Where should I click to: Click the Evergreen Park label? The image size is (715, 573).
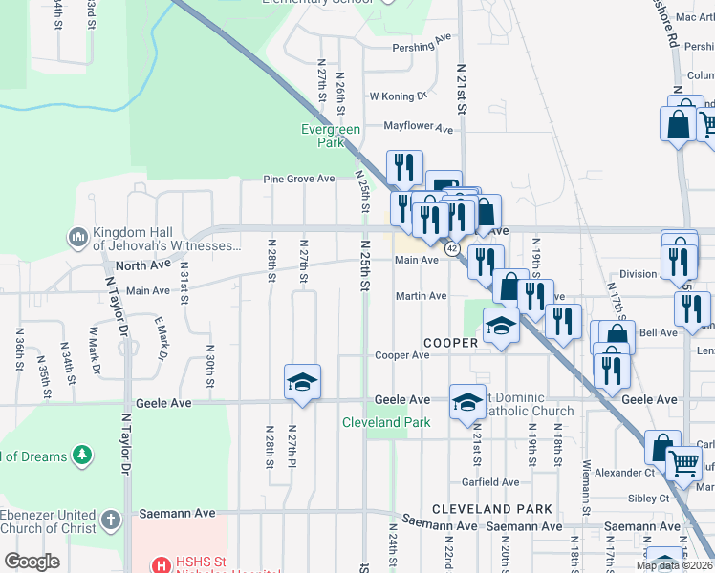coord(330,136)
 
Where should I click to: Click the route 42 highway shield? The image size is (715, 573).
coord(452,248)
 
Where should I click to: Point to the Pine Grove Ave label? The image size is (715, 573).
coord(299,179)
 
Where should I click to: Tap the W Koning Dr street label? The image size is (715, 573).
coord(398,96)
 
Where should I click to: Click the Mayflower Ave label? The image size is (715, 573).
coord(419,126)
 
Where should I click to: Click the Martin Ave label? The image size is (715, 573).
coord(422,296)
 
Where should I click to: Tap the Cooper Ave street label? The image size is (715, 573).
coord(401,355)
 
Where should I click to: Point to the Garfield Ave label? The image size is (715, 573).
coord(490,482)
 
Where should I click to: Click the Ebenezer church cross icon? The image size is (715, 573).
coord(110,521)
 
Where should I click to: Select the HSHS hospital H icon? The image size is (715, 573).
coord(162,564)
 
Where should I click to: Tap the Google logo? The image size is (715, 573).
coord(32,562)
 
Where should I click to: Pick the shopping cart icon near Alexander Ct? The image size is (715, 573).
coord(684,463)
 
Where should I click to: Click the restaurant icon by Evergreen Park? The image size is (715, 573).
coord(403,168)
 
